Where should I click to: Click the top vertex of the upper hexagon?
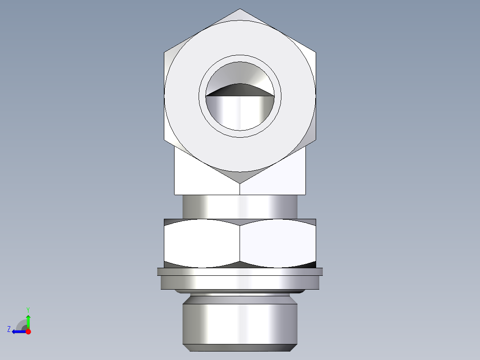point(240,9)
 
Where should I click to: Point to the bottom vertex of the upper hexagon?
point(240,183)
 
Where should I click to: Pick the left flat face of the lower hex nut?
point(202,243)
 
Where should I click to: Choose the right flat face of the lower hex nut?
point(278,243)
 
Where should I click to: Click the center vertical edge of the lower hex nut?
point(240,243)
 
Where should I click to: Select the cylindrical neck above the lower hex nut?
point(240,207)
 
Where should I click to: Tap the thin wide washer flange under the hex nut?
point(240,271)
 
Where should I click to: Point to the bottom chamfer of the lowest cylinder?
point(240,348)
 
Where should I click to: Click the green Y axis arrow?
point(28,320)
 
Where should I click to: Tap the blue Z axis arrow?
point(18,331)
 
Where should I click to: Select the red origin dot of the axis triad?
point(28,331)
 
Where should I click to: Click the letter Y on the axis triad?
point(28,309)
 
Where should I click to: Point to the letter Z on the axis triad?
point(9,329)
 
